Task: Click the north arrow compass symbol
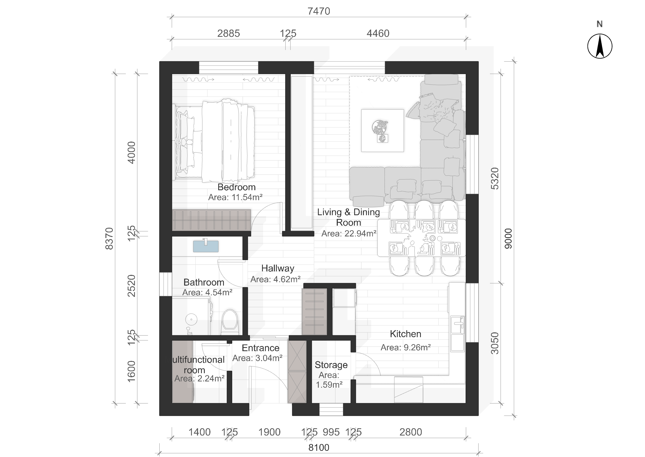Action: (600, 46)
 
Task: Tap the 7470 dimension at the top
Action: (318, 11)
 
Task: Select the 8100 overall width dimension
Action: (318, 447)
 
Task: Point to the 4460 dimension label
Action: (378, 34)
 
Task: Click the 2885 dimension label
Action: (228, 34)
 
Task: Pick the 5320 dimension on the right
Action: (494, 178)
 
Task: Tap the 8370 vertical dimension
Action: (109, 239)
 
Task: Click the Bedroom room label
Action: (236, 187)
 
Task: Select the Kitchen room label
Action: (406, 334)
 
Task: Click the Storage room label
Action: (331, 365)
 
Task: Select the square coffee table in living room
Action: (382, 131)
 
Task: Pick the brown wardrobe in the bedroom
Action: (211, 220)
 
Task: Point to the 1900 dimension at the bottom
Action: (269, 432)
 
